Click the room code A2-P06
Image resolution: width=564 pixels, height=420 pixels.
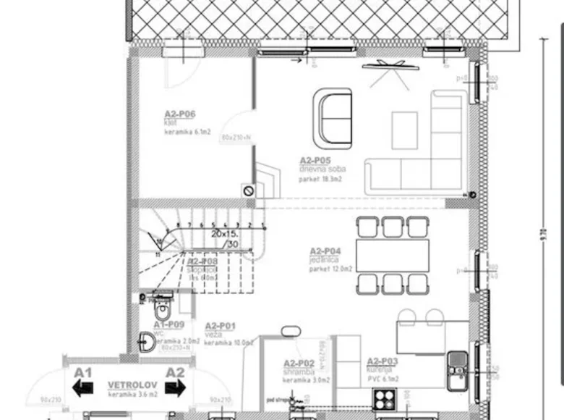180,114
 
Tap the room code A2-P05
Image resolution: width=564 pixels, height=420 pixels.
315,160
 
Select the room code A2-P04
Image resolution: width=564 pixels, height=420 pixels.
325,251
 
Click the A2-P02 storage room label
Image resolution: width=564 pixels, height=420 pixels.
299,363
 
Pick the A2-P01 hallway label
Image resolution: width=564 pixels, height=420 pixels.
221,327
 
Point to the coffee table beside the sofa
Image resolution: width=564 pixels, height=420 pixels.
405,130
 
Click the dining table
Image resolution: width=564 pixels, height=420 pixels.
393,256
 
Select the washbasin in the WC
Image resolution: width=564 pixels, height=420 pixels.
145,341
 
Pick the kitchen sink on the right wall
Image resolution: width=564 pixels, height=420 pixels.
457,369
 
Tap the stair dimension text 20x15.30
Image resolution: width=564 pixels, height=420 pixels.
226,240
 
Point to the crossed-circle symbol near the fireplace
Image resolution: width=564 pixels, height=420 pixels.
248,190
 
